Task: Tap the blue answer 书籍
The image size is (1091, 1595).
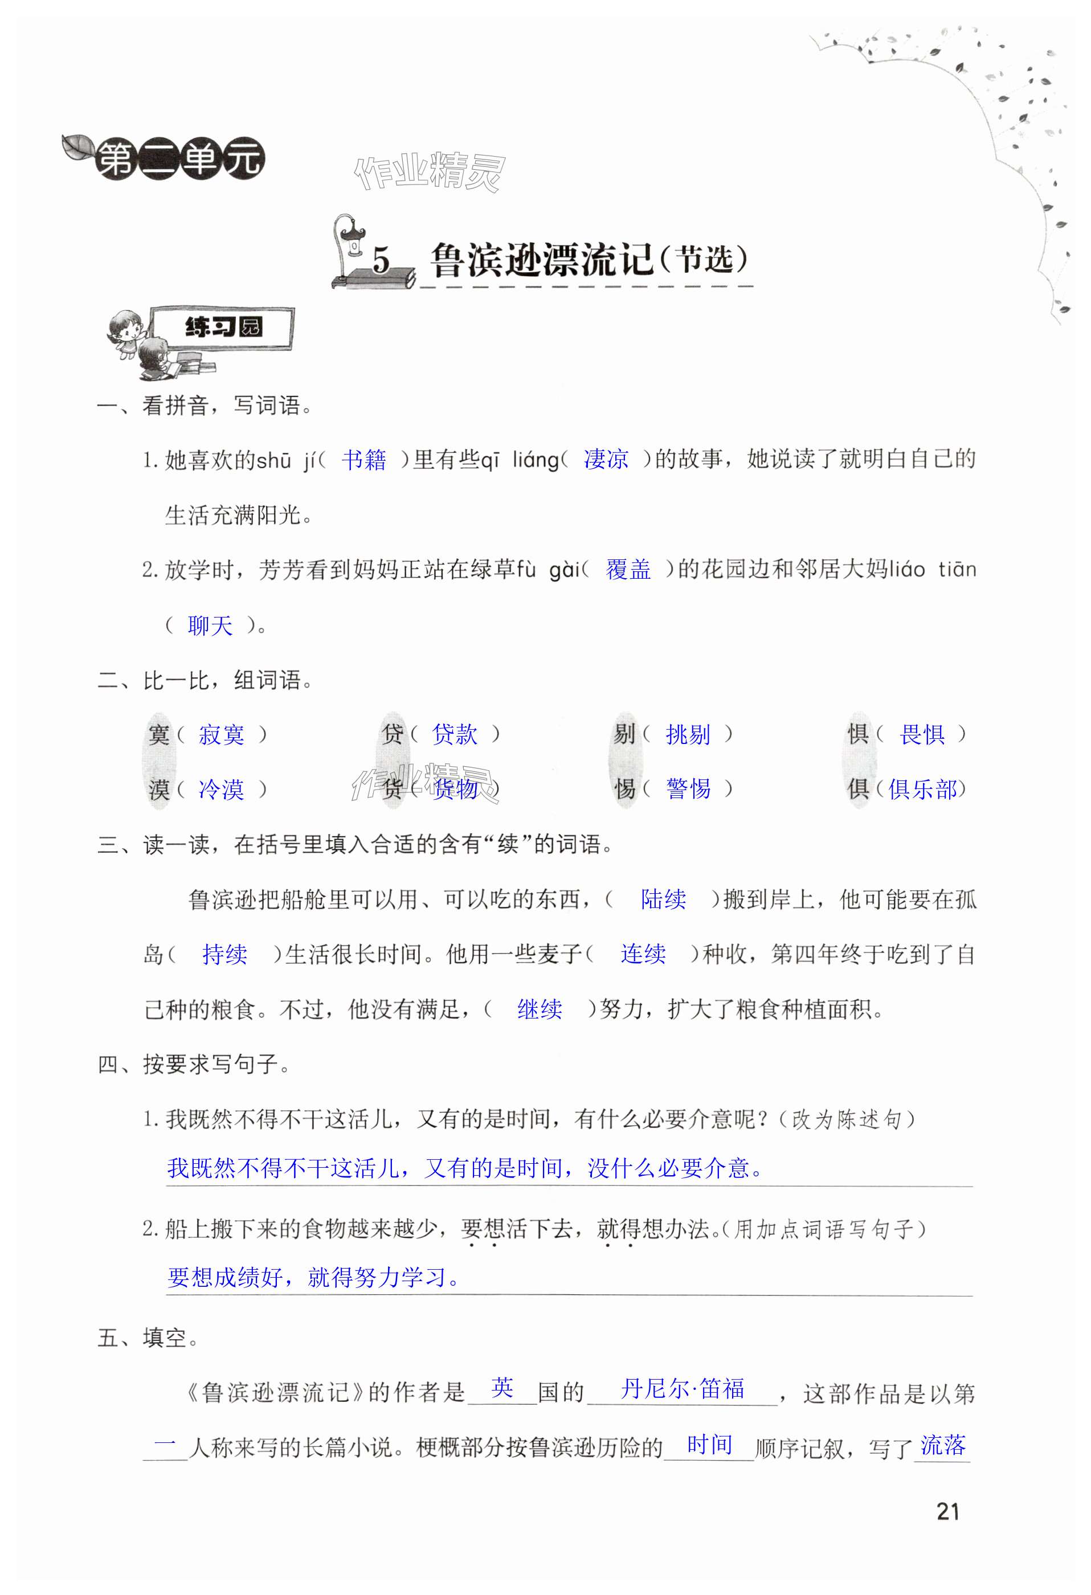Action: point(364,460)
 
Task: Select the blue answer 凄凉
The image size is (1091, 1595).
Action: point(606,460)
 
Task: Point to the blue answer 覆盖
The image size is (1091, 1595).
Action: point(628,570)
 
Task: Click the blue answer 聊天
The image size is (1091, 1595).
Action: point(210,625)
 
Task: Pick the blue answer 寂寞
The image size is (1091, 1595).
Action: point(221,735)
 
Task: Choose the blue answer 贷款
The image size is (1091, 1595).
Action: point(454,734)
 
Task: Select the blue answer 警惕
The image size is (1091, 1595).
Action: point(688,790)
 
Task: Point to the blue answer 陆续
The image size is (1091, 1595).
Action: point(663,899)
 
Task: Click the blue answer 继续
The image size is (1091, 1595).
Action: point(540,1009)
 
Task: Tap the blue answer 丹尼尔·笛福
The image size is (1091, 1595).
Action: point(683,1389)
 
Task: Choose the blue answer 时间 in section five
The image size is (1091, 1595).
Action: point(709,1445)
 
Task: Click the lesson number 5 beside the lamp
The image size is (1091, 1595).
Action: point(381,261)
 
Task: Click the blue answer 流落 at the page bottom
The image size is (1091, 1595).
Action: point(943,1445)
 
